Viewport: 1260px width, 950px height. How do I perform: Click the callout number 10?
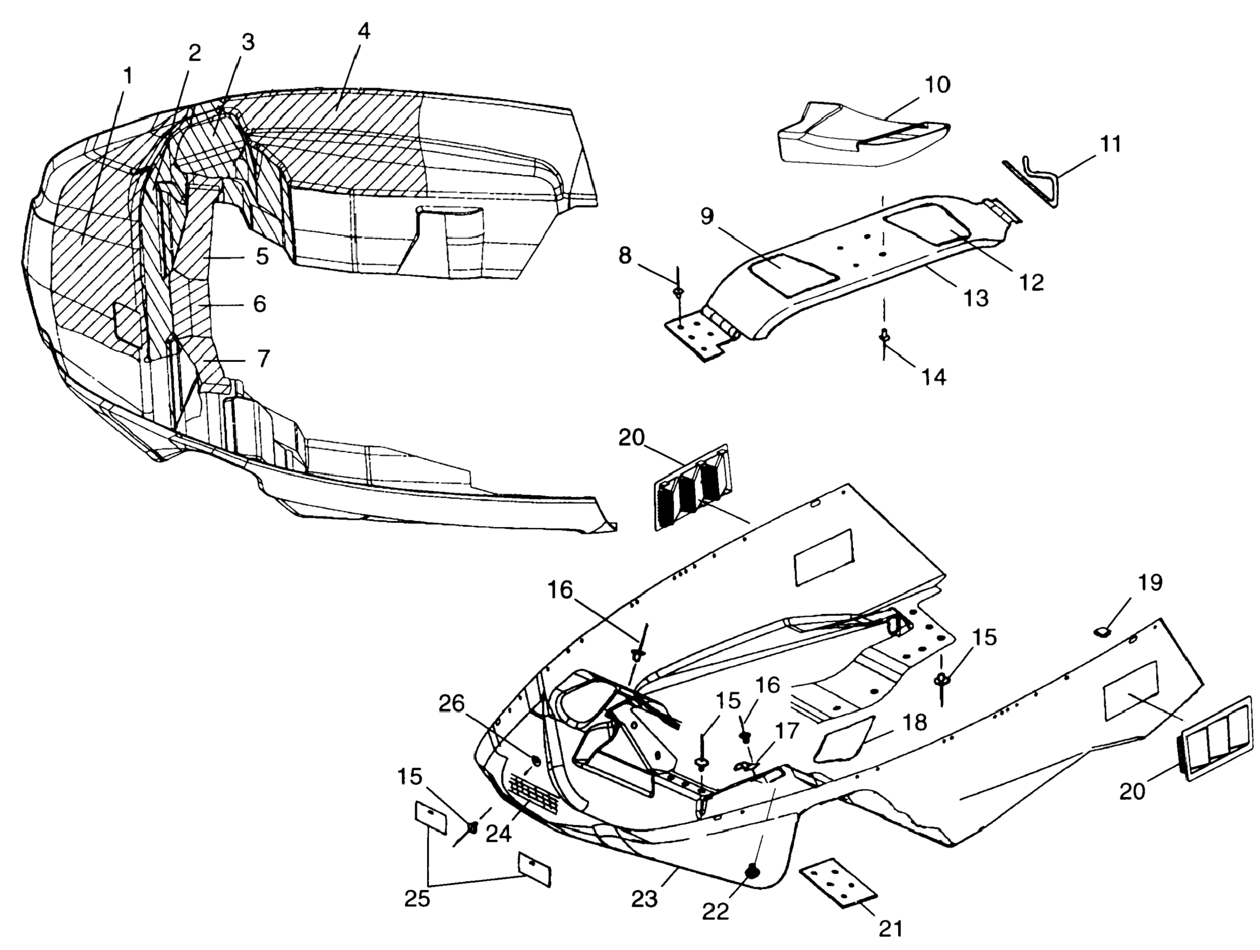937,85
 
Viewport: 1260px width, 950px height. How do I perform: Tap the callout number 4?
363,31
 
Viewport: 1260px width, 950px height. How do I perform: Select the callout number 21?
890,928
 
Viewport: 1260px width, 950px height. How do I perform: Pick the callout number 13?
975,297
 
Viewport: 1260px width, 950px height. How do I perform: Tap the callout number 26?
451,704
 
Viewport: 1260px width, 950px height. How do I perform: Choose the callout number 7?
263,359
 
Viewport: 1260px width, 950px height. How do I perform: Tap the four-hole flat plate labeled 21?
837,882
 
